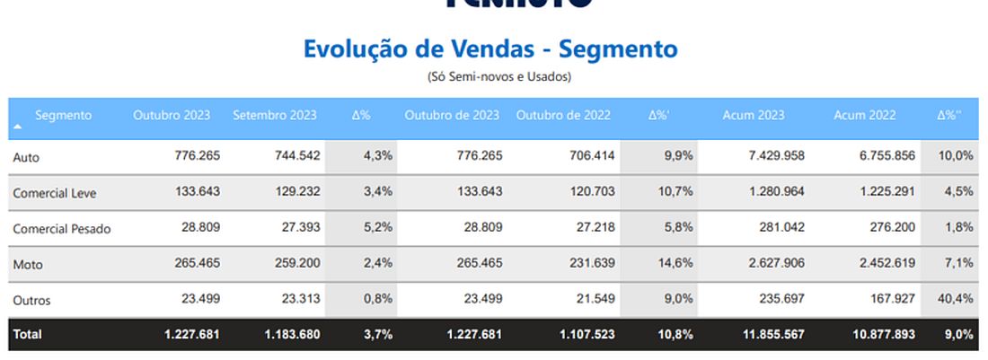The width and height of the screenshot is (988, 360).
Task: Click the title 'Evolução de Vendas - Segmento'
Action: [x=490, y=48]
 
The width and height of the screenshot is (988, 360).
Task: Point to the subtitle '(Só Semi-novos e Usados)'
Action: [x=498, y=77]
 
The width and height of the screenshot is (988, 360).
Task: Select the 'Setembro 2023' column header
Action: [x=274, y=115]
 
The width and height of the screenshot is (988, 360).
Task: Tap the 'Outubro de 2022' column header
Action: [x=563, y=115]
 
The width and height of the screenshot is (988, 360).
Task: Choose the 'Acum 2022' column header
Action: [x=864, y=115]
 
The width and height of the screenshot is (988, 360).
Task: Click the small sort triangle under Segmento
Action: [x=18, y=127]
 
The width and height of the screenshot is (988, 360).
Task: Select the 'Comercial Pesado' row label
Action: [x=62, y=229]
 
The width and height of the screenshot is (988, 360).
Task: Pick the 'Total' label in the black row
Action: [x=27, y=334]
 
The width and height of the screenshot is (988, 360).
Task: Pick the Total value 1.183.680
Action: [x=292, y=334]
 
